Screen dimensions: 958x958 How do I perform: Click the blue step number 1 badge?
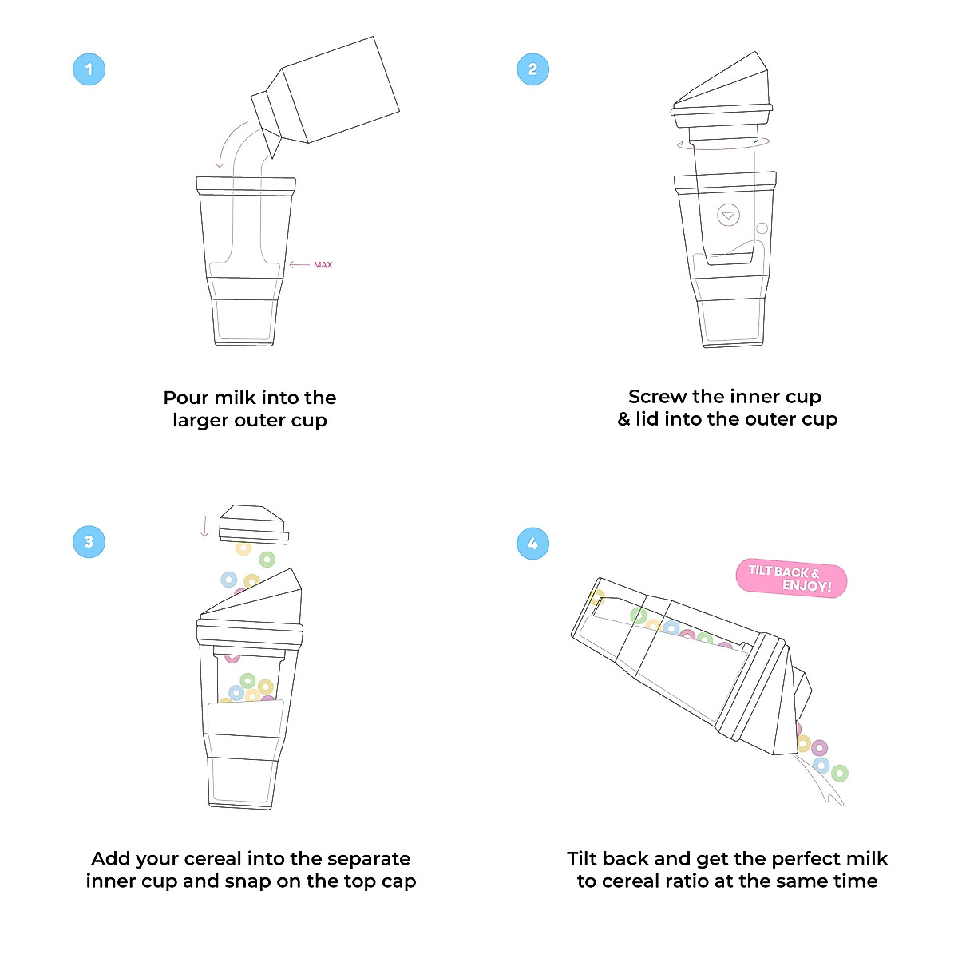pos(89,69)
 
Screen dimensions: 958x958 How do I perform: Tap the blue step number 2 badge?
pos(532,69)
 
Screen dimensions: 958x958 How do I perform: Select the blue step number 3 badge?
pos(89,542)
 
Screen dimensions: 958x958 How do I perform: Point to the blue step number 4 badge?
pos(532,544)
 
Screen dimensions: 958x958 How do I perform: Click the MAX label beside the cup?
pos(323,265)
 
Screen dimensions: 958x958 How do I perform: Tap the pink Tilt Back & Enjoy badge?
pos(790,579)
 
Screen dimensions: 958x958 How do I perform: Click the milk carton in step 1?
pos(331,92)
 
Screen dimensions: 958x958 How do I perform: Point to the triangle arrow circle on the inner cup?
pos(728,216)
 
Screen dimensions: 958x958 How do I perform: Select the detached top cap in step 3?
pos(253,523)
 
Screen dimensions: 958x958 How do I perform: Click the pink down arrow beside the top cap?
pos(204,526)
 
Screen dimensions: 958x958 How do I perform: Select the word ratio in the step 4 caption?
pos(711,881)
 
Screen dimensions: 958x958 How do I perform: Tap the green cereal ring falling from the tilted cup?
pos(839,773)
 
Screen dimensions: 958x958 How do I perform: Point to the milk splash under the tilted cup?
pos(822,786)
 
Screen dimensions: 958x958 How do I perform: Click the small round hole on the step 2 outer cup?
pos(762,228)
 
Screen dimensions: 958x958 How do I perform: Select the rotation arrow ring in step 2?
pos(723,144)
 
